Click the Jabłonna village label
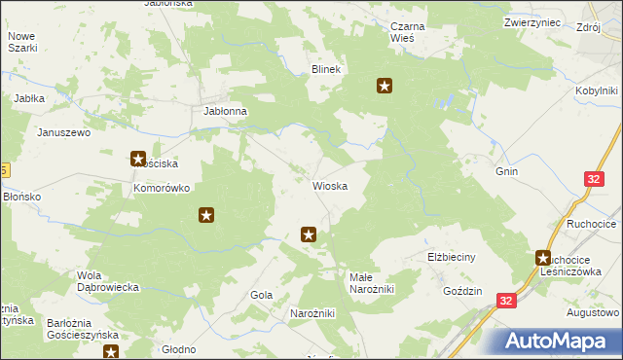pos(225,111)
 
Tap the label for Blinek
pos(325,69)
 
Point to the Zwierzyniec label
pos(533,21)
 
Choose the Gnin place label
pos(506,171)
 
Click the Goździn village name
pos(462,291)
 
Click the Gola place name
pos(261,294)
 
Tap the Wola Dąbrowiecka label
pos(110,281)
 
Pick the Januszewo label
pos(63,131)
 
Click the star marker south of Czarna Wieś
pos(385,86)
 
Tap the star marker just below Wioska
pos(310,234)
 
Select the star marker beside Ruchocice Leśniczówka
pos(543,258)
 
